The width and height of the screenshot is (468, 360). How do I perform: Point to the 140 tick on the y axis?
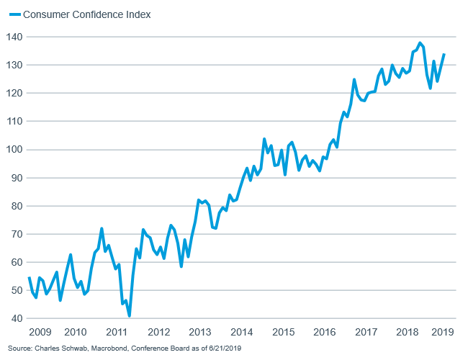click(x=14, y=37)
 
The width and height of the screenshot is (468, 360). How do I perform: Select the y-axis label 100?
click(x=14, y=150)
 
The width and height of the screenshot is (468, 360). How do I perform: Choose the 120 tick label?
click(x=14, y=93)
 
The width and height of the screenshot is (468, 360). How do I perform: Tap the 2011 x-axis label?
click(x=117, y=333)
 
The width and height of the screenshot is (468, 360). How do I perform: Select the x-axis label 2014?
click(x=243, y=333)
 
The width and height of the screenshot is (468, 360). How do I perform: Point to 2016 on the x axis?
click(x=326, y=333)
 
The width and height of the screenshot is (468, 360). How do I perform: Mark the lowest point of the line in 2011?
click(x=130, y=315)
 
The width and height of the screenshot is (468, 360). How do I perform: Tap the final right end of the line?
click(x=444, y=54)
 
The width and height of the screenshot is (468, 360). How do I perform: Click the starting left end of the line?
click(x=29, y=278)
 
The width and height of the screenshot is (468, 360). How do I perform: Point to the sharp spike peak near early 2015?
click(x=264, y=139)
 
